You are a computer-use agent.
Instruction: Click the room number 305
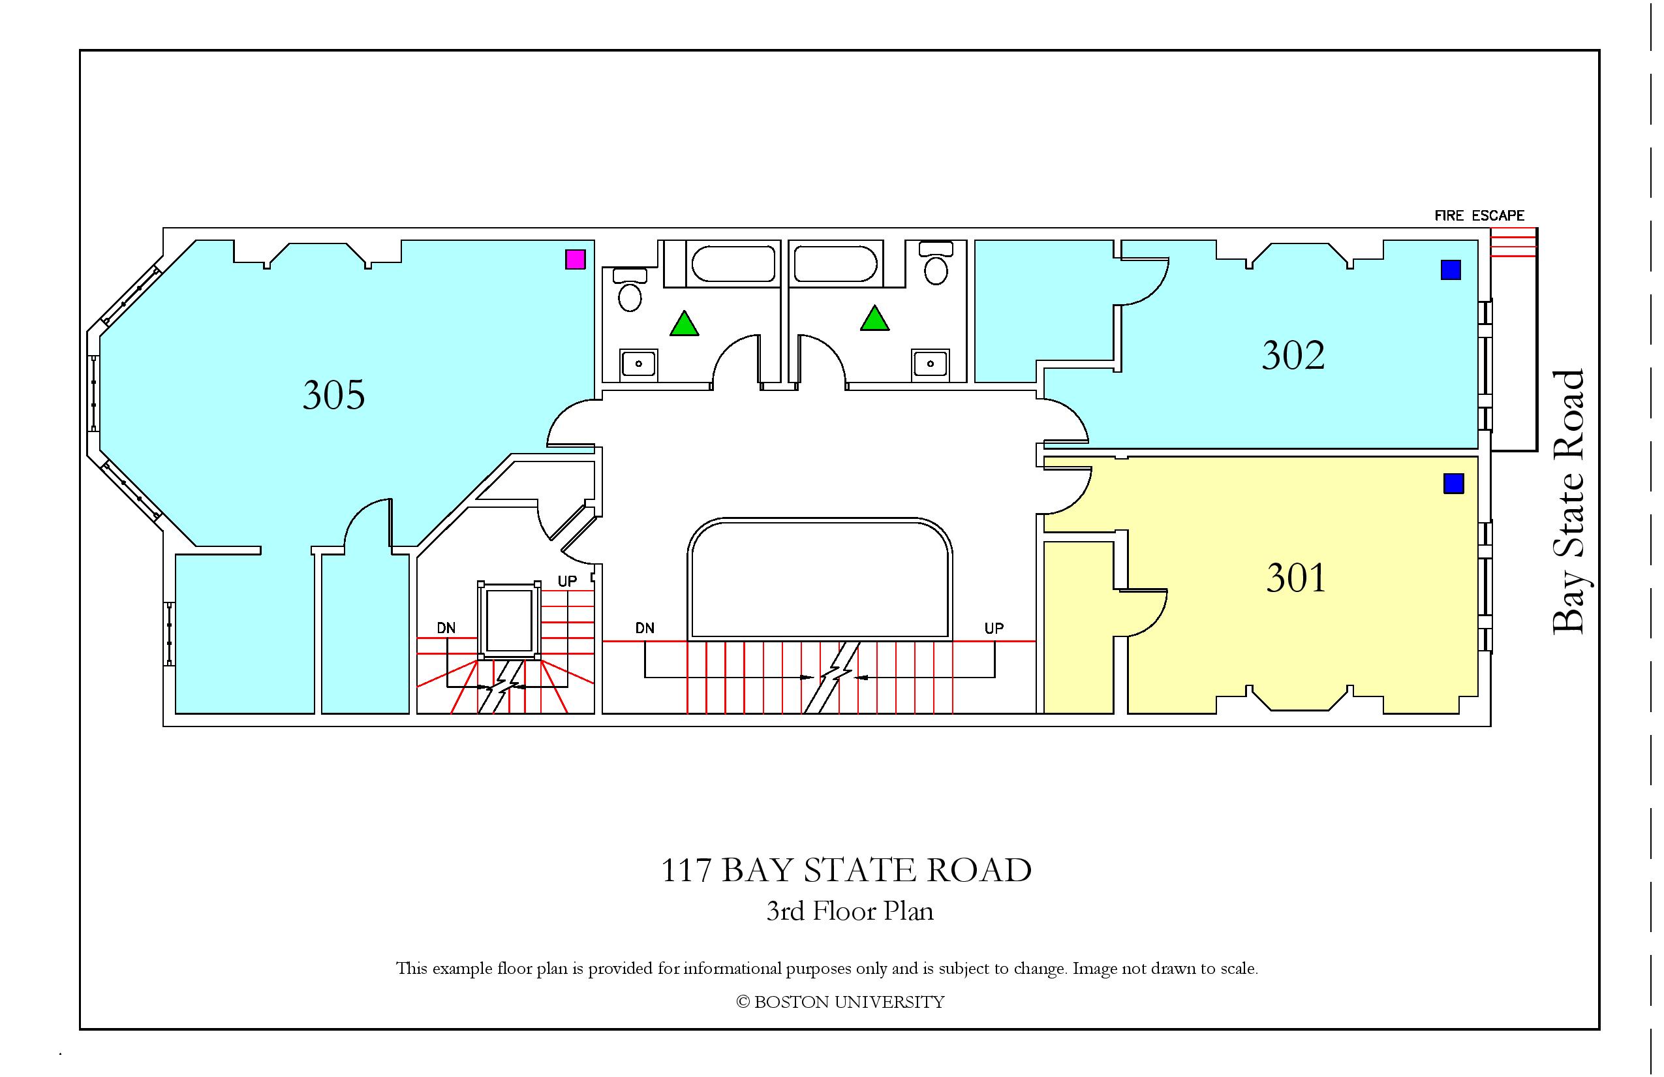click(333, 395)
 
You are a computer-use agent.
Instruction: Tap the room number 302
click(1293, 355)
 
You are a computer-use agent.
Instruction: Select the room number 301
click(1295, 578)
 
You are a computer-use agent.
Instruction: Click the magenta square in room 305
click(575, 260)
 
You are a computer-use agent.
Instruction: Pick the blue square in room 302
click(1451, 270)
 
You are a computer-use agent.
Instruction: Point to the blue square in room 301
click(1454, 483)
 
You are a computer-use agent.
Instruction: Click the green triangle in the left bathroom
click(684, 323)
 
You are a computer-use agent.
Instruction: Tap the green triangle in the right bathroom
click(874, 319)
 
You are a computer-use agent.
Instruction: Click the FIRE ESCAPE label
click(1479, 216)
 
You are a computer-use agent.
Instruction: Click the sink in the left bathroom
click(638, 364)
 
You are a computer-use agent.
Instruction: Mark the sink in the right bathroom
click(930, 364)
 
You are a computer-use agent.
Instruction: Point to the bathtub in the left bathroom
click(733, 264)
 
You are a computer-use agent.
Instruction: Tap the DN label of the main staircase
click(645, 628)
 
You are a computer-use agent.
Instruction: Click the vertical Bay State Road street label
click(1568, 502)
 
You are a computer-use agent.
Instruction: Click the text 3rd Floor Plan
click(850, 911)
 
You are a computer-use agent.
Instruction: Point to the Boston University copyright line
click(840, 1002)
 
